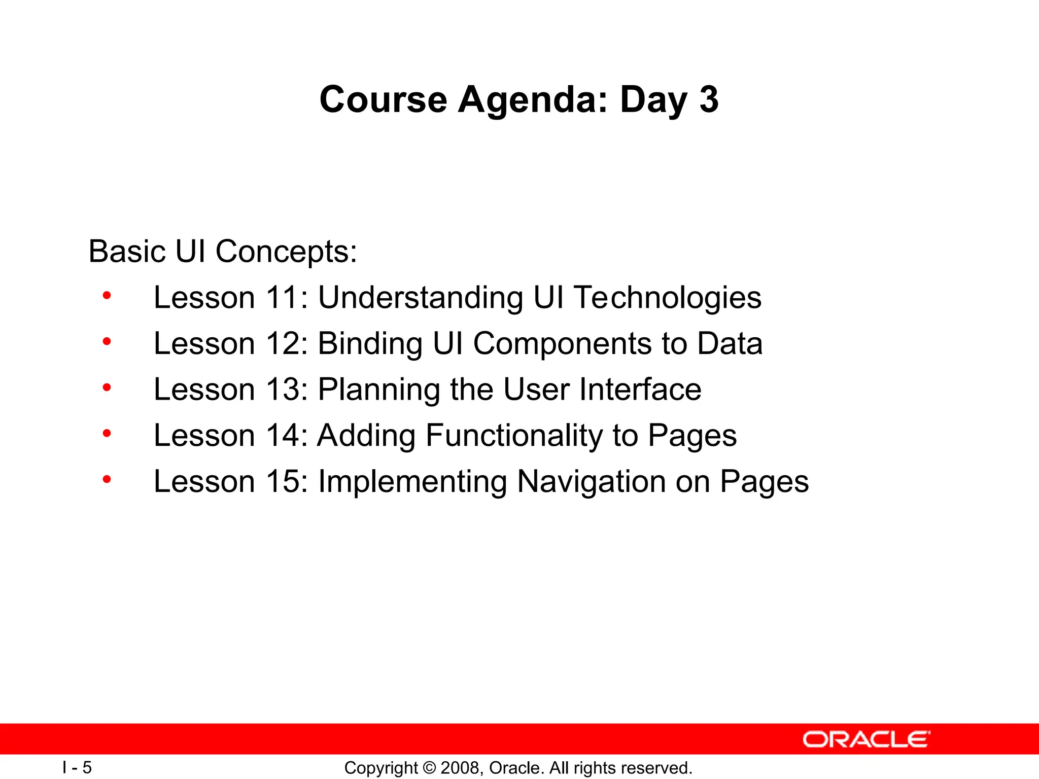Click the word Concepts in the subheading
point(286,252)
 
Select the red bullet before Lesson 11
point(107,296)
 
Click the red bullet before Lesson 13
point(107,388)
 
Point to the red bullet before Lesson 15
point(107,479)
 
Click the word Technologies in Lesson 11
point(667,298)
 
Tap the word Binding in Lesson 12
point(370,344)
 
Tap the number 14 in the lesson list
point(284,436)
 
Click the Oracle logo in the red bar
point(866,739)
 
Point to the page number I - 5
point(77,767)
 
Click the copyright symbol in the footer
point(429,768)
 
